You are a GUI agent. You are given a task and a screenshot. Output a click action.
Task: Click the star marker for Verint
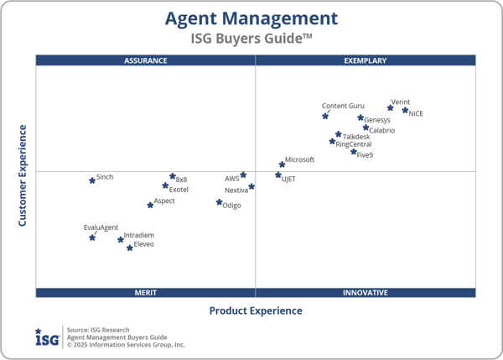[391, 107]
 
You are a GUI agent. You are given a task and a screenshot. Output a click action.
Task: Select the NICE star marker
[405, 110]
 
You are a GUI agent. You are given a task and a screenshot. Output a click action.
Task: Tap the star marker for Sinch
[92, 180]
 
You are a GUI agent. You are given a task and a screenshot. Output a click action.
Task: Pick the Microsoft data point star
[282, 164]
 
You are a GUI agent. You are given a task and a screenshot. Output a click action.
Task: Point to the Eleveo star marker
[129, 248]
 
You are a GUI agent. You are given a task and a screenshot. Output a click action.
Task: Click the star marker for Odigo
[219, 202]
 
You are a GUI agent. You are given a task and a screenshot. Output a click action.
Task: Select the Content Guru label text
[343, 106]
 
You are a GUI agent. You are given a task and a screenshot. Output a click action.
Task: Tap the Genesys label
[377, 120]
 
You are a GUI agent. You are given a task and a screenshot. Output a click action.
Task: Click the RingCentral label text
[354, 144]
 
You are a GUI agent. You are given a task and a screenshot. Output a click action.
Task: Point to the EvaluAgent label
[101, 227]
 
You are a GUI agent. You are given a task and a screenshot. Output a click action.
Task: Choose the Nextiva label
[236, 190]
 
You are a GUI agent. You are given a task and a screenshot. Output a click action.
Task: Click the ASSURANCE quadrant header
[145, 60]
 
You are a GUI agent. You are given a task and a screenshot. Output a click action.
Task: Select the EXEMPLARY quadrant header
[366, 60]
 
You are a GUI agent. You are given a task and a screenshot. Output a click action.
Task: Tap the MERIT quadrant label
[145, 293]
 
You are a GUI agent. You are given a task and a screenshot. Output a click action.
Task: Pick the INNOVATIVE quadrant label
[366, 293]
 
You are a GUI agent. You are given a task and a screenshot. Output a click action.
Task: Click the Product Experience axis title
[256, 310]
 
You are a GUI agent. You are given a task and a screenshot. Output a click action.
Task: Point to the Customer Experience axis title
[23, 175]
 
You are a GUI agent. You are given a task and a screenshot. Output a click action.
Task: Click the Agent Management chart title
[251, 18]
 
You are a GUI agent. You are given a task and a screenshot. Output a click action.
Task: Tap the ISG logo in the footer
[47, 337]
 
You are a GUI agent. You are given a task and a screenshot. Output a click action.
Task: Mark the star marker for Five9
[354, 152]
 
